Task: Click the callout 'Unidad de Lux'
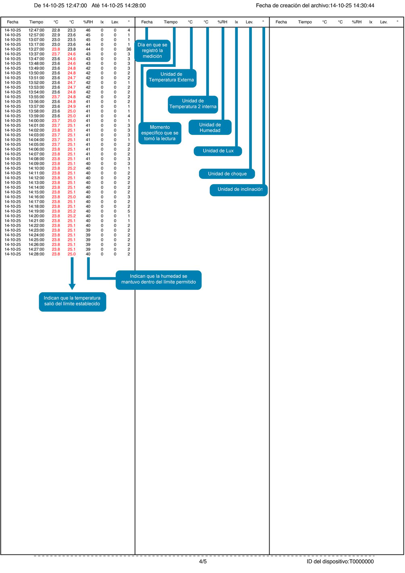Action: pos(218,151)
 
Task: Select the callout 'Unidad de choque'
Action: pos(227,174)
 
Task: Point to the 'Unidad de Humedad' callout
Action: pos(210,127)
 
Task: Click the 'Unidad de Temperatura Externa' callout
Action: pos(171,78)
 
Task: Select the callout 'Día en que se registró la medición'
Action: pos(152,50)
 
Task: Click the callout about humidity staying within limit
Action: pos(159,280)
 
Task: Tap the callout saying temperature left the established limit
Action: pos(73,302)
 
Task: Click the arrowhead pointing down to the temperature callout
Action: pos(72,286)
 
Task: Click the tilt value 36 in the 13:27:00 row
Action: pos(129,49)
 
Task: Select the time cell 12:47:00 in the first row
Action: pos(36,30)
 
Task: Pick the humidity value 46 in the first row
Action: pos(88,30)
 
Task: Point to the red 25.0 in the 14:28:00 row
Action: pos(72,254)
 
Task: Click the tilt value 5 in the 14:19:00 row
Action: pos(129,211)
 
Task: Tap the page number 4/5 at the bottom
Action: pos(203,561)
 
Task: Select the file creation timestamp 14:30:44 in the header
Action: pos(364,5)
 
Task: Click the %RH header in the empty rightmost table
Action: pos(357,22)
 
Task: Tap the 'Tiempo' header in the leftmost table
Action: pos(36,22)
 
